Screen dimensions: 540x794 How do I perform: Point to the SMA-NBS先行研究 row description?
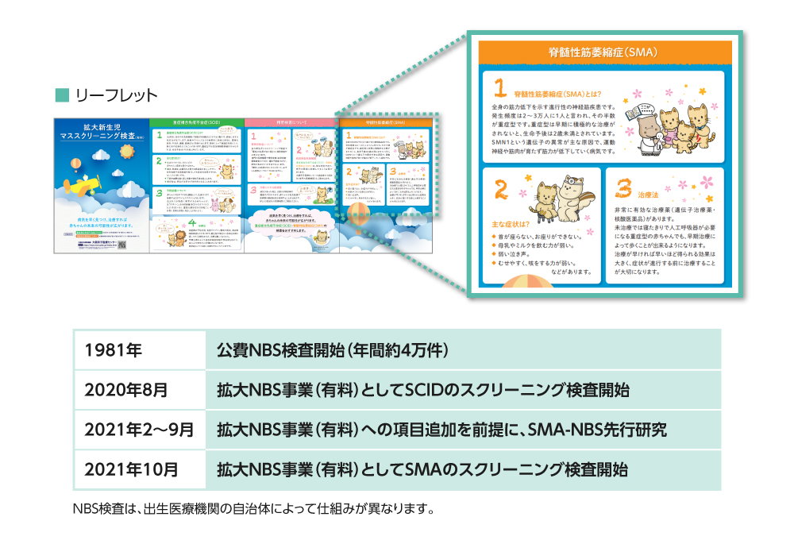coord(441,430)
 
